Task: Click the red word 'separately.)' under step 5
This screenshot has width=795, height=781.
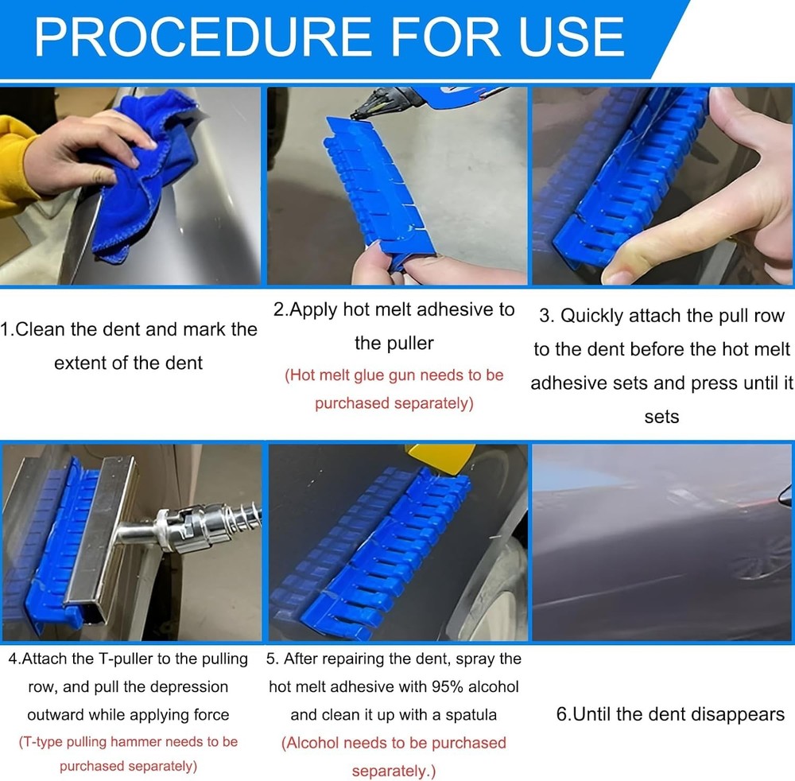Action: pos(394,771)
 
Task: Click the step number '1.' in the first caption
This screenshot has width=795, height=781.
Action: pos(8,329)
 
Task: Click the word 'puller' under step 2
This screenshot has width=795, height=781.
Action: pos(405,343)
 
